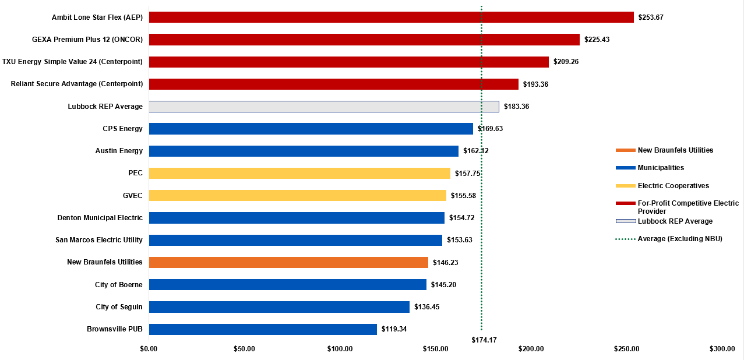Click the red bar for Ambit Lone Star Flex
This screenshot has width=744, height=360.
391,17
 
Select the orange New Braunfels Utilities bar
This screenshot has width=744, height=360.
288,262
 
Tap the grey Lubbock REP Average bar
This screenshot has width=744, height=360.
324,107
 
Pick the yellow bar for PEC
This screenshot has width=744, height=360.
299,173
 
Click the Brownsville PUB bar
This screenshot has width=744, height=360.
263,329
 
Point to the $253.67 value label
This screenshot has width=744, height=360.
651,17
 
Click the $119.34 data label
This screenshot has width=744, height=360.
394,329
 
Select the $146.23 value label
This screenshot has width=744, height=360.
445,263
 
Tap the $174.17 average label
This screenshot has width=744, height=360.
484,340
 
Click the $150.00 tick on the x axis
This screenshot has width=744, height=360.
435,349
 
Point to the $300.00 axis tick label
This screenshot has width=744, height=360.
722,349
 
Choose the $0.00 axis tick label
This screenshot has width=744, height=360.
149,349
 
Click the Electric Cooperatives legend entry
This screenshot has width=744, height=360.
673,186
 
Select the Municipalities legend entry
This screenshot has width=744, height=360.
661,168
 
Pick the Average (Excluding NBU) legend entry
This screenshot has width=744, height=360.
680,239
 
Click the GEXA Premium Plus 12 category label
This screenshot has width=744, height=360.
87,40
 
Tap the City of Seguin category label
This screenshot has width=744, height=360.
119,307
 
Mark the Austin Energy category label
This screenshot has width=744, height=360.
119,151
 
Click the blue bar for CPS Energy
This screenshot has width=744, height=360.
311,129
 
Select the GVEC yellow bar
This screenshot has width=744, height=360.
297,196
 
